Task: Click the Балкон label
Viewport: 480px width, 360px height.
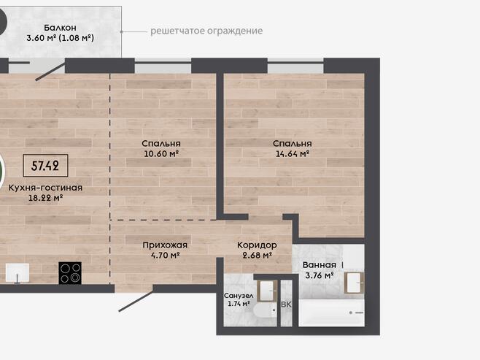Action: point(60,28)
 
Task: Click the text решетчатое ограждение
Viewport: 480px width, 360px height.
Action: point(206,31)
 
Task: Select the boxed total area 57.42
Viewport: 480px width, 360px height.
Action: point(45,166)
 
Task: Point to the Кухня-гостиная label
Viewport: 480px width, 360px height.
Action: point(45,188)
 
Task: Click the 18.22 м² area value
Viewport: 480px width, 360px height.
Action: point(46,198)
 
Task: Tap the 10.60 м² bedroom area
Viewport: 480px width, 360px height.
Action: point(161,153)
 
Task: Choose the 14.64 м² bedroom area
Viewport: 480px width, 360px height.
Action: point(293,153)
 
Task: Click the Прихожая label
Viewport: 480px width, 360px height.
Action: point(165,245)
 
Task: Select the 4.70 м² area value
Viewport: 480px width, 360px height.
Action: point(166,255)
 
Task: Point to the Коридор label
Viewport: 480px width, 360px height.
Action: point(257,245)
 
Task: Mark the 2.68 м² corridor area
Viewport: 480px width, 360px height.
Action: point(258,255)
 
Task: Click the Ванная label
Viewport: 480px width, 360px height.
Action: point(320,265)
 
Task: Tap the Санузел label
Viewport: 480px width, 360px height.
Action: point(239,296)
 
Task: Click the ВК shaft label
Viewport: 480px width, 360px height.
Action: point(286,305)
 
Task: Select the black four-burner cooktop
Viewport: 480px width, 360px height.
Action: point(70,273)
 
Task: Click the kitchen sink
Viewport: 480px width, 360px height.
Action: point(18,272)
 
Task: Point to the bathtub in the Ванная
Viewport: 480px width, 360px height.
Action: point(331,313)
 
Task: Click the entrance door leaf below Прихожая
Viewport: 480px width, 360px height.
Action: point(136,301)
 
